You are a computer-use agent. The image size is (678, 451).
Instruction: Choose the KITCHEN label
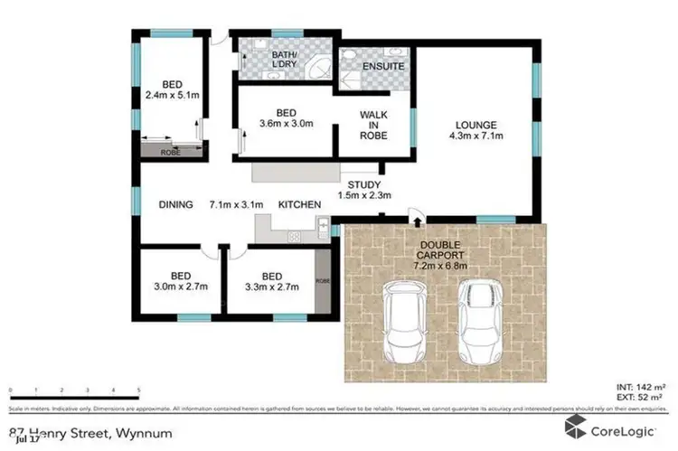point(299,205)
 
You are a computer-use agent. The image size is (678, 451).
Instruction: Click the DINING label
point(175,205)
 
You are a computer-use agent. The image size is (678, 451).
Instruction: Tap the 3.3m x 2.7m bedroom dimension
point(272,287)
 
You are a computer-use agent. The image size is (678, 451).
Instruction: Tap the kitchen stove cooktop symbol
point(295,237)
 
